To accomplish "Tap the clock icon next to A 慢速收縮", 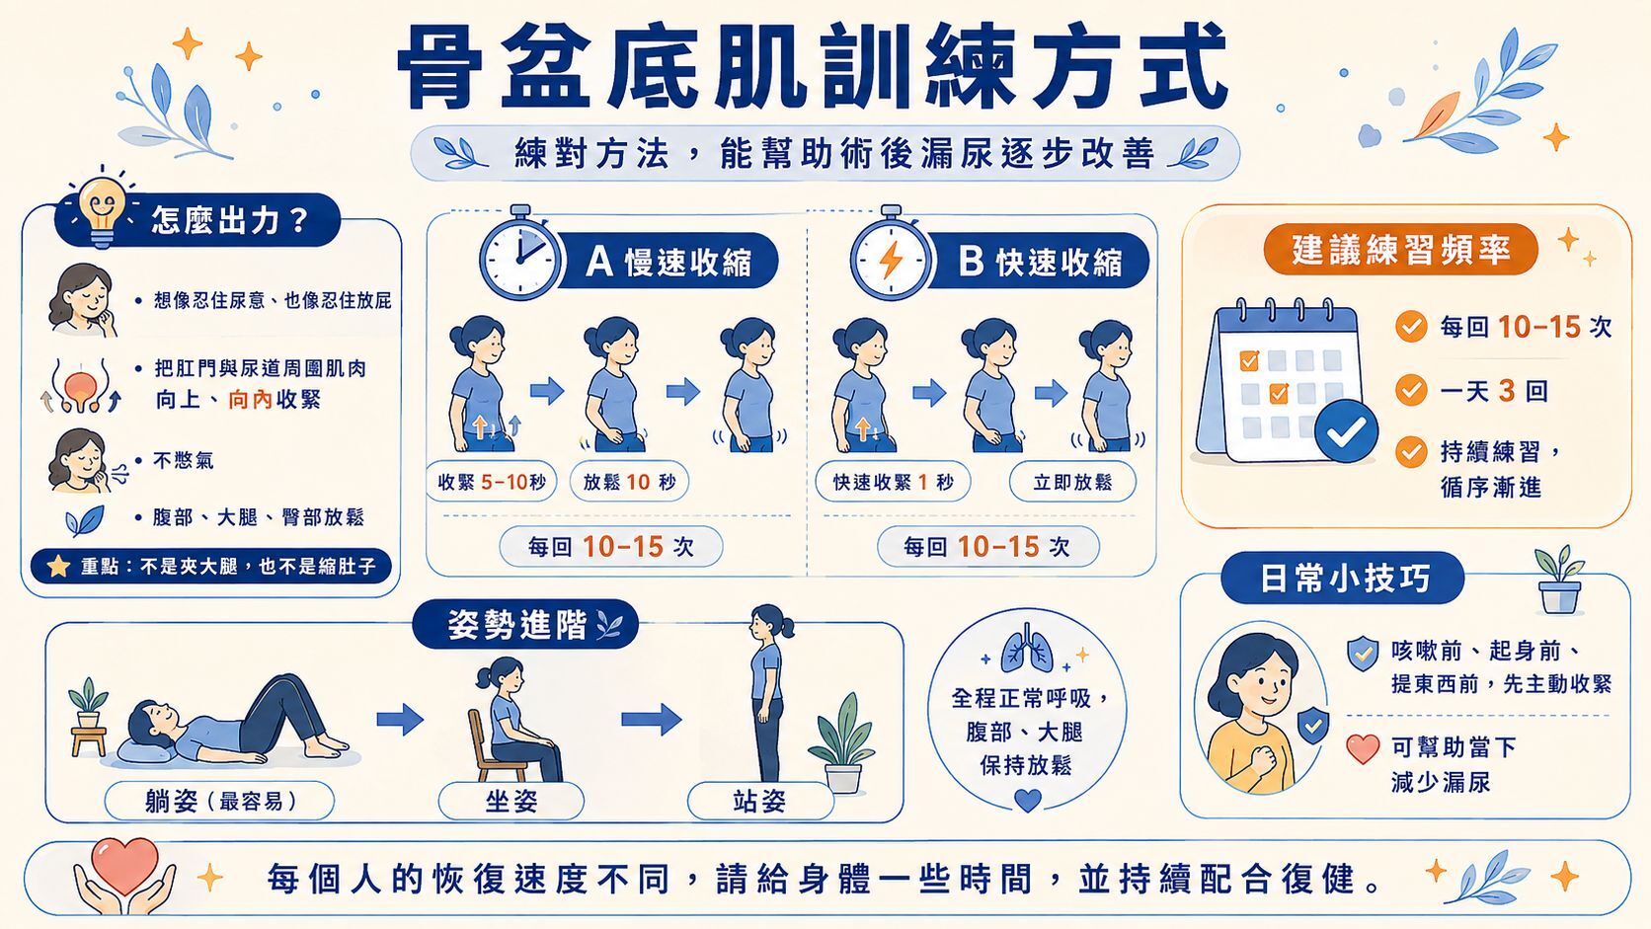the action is coord(519,255).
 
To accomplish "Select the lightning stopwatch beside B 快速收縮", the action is coord(891,255).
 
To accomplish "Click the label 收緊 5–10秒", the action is coord(492,483).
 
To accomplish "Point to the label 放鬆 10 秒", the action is coord(629,483).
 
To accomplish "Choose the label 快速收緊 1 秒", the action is coord(894,483).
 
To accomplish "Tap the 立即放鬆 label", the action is coord(1072,483).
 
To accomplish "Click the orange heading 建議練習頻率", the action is coord(1400,250).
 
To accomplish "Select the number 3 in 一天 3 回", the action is coord(1507,391).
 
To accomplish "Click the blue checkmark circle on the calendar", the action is coord(1347,431).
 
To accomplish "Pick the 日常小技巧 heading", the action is coord(1343,579).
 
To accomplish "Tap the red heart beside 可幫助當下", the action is coord(1363,748).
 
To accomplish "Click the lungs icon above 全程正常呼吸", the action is coord(1027,649).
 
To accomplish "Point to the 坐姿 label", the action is coord(511,801).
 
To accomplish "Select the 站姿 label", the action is coord(760,801).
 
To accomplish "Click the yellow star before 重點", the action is coord(58,567).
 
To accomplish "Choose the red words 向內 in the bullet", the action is coord(250,400).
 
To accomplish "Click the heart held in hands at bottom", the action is coord(125,865).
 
